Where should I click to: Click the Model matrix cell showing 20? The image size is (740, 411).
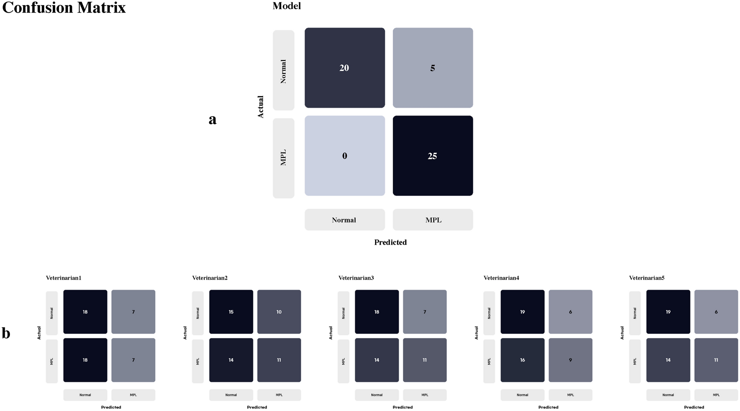click(x=344, y=68)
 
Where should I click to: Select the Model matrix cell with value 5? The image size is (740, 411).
click(x=432, y=68)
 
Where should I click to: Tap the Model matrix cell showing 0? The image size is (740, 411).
click(x=344, y=156)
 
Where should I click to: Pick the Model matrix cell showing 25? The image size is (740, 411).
click(x=432, y=156)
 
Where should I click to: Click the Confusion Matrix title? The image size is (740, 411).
click(x=64, y=7)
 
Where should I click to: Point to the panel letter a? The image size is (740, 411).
click(x=212, y=120)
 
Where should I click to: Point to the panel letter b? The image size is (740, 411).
click(x=6, y=333)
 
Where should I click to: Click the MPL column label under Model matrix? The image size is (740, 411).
click(x=433, y=220)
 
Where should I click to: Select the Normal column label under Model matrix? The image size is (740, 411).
click(x=344, y=220)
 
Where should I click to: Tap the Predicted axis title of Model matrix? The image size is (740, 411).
click(x=390, y=242)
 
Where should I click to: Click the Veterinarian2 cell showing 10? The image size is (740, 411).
click(x=279, y=312)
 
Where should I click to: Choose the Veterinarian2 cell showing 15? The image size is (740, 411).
click(x=231, y=312)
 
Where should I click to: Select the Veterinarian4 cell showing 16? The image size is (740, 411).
click(x=522, y=360)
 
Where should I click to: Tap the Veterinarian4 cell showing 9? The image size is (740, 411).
click(x=570, y=360)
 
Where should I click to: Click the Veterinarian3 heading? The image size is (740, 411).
click(x=356, y=278)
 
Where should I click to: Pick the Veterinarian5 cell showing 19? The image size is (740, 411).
click(x=668, y=312)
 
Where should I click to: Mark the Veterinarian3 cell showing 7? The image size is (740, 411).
click(x=424, y=312)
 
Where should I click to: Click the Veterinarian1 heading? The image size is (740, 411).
click(x=63, y=278)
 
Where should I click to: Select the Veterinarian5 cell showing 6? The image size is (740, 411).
click(x=716, y=312)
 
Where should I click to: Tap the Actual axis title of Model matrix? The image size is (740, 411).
click(x=261, y=107)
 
